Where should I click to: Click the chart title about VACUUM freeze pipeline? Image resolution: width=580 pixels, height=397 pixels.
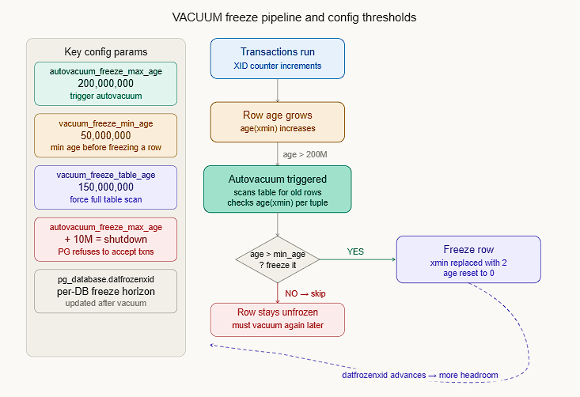coord(294,17)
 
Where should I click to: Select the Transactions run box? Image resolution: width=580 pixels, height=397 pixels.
coord(277,59)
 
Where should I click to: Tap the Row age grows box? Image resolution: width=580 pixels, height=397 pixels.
coord(277,122)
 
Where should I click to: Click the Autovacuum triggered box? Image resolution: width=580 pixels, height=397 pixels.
coord(277,189)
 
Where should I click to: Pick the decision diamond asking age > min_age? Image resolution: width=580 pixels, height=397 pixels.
coord(277,259)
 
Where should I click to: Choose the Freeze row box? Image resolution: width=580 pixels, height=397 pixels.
coord(468,259)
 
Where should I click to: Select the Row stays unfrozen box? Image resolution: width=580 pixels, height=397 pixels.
coord(277,319)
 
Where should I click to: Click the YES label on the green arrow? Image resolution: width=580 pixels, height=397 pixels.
coord(355,251)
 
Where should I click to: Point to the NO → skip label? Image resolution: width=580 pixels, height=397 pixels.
coord(305,293)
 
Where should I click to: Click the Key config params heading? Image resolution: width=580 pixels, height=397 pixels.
coord(105,52)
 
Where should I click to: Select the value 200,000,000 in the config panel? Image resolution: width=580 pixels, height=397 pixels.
coord(105,83)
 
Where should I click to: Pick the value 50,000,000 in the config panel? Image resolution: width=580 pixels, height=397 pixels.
coord(105,135)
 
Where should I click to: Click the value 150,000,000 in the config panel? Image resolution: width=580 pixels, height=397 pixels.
coord(105,187)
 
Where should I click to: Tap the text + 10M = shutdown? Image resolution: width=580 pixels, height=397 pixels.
coord(105,240)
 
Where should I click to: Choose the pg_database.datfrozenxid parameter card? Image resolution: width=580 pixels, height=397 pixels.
coord(105,291)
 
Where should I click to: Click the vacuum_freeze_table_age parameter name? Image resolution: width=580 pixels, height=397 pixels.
coord(105,175)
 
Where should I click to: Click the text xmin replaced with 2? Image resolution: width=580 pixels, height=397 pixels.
coord(468,263)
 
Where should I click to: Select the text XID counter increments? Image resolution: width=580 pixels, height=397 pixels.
coord(277,66)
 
